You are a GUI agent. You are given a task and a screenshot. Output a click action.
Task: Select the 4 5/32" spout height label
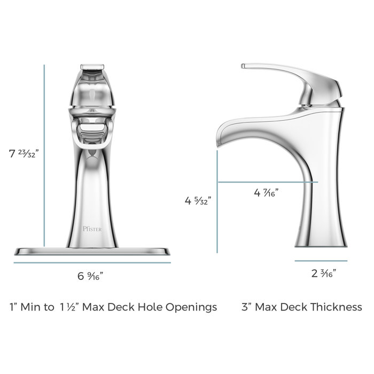197,201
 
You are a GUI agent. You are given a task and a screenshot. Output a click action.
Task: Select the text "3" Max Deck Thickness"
302,307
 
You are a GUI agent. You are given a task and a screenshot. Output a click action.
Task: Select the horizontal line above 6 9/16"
91,263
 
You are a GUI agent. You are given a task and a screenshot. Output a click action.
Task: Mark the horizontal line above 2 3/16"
321,261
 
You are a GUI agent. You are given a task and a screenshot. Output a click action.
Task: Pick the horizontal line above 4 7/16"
267,182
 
